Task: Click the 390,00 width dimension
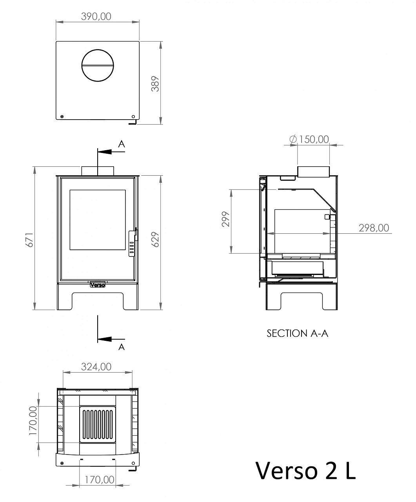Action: click(96, 16)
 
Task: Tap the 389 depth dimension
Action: click(156, 84)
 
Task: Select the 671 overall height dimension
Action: click(29, 240)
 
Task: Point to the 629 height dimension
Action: click(156, 240)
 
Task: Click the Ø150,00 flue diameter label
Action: click(309, 139)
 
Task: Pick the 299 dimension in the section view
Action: click(226, 219)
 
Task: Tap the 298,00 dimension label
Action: click(374, 228)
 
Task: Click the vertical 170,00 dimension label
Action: click(33, 420)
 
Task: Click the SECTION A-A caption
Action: click(298, 333)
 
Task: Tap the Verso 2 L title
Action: click(306, 471)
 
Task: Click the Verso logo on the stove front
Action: click(98, 285)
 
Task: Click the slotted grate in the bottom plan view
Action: click(98, 424)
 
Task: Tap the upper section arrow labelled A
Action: click(111, 152)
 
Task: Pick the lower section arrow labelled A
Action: click(111, 339)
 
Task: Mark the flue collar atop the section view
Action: click(313, 172)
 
